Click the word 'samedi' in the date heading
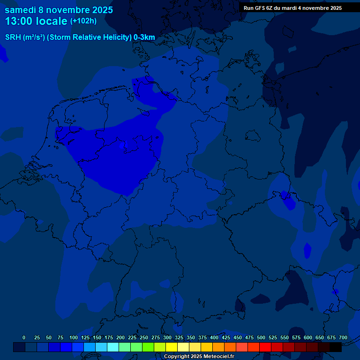pyautogui.click(x=21, y=9)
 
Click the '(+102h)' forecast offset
pyautogui.click(x=83, y=21)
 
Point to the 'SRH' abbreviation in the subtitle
pyautogui.click(x=13, y=37)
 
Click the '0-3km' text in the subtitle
pyautogui.click(x=144, y=37)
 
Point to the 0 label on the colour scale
pyautogui.click(x=24, y=338)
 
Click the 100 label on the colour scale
pyautogui.click(x=74, y=338)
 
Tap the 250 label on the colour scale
pyautogui.click(x=144, y=338)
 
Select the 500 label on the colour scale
pyautogui.click(x=261, y=338)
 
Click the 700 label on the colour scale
pyautogui.click(x=343, y=338)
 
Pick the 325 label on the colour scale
pyautogui.click(x=179, y=338)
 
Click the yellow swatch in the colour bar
pyautogui.click(x=172, y=347)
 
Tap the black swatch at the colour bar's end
pyautogui.click(x=336, y=347)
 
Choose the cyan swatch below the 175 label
pyautogui.click(x=113, y=347)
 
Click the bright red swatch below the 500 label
pyautogui.click(x=265, y=347)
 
